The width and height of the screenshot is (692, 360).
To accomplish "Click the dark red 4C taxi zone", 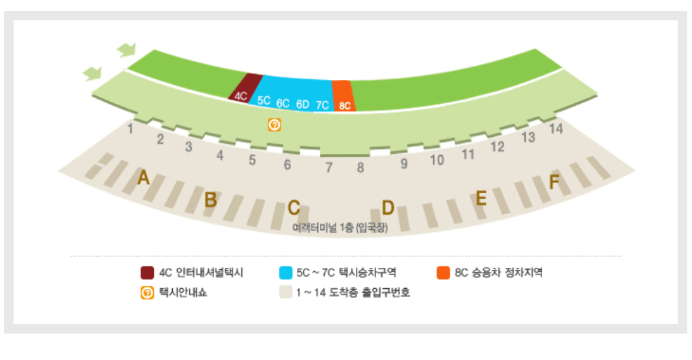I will pos(245,89).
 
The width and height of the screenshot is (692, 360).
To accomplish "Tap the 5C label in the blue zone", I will pos(264,100).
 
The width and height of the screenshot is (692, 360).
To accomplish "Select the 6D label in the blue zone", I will pos(302,104).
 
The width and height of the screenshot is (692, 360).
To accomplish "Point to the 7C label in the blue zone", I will pos(322,105).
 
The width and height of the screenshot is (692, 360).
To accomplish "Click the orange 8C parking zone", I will pos(344,97).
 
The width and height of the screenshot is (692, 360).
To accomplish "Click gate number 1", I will pos(130,127).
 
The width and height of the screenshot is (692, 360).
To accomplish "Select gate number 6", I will pos(287,164).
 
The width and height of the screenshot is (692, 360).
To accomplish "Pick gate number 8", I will pos(361,167).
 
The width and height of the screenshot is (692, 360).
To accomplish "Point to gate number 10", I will pos(437,160).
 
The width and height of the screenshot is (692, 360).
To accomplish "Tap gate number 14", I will pos(556,128).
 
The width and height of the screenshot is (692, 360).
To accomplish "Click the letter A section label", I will pos(143,178).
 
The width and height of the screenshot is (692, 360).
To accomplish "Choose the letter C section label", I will pos(293,207).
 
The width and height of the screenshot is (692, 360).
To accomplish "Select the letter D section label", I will pos(388,207).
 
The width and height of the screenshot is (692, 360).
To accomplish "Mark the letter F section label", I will pos(554,182).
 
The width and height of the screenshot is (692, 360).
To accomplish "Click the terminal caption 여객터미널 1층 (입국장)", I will pos(340,228).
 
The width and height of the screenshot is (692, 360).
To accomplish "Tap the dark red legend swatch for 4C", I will pos(147,273).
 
